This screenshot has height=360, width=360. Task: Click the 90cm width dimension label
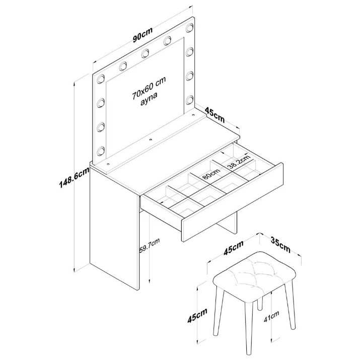[x=142, y=35]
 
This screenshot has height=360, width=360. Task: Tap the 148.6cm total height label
[x=74, y=177]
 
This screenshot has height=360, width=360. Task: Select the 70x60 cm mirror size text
[x=149, y=88]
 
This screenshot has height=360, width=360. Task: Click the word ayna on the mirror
[x=149, y=99]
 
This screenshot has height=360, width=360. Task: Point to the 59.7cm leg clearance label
[x=149, y=245]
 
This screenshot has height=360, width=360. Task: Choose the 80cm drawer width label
[x=210, y=174]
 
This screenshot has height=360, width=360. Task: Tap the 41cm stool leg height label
[x=271, y=316]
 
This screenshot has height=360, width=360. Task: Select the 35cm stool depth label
[x=280, y=245]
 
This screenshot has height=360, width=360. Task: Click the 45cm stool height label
[x=197, y=315]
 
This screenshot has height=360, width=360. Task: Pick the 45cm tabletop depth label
[x=214, y=115]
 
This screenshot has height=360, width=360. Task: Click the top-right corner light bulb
[x=190, y=27]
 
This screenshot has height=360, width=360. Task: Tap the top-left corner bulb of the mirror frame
[x=101, y=79]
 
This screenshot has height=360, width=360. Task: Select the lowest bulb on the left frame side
[x=101, y=151]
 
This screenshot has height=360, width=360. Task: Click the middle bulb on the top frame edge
[x=145, y=53]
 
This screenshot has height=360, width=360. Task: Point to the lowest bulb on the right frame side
[x=190, y=100]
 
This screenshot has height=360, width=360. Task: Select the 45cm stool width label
[x=234, y=248]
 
